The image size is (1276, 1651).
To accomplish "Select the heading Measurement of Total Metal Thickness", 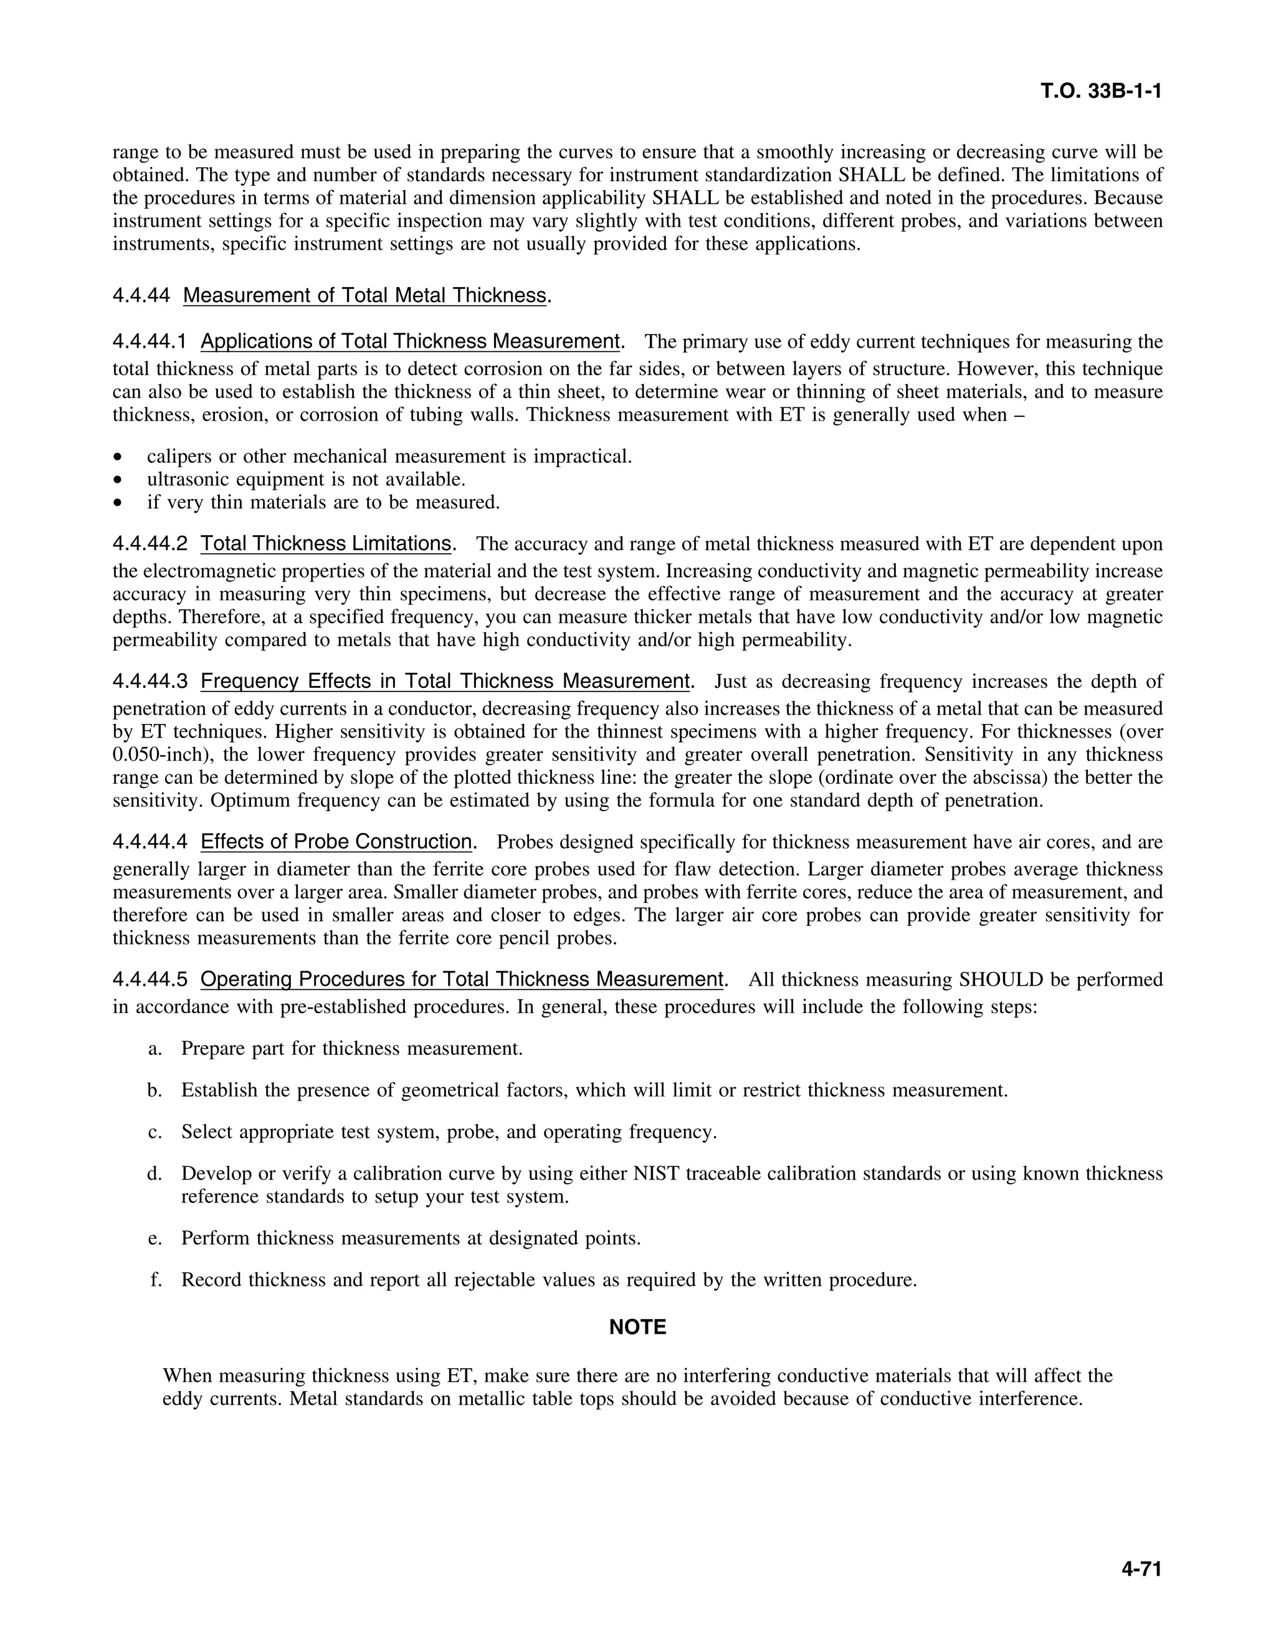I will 364,295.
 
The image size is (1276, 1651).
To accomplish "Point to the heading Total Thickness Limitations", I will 326,543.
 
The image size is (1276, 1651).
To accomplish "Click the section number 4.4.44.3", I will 150,681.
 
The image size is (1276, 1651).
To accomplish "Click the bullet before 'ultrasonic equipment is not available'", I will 117,480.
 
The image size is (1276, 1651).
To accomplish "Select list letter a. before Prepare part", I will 155,1049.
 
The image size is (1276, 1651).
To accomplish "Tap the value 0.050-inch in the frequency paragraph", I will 159,754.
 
